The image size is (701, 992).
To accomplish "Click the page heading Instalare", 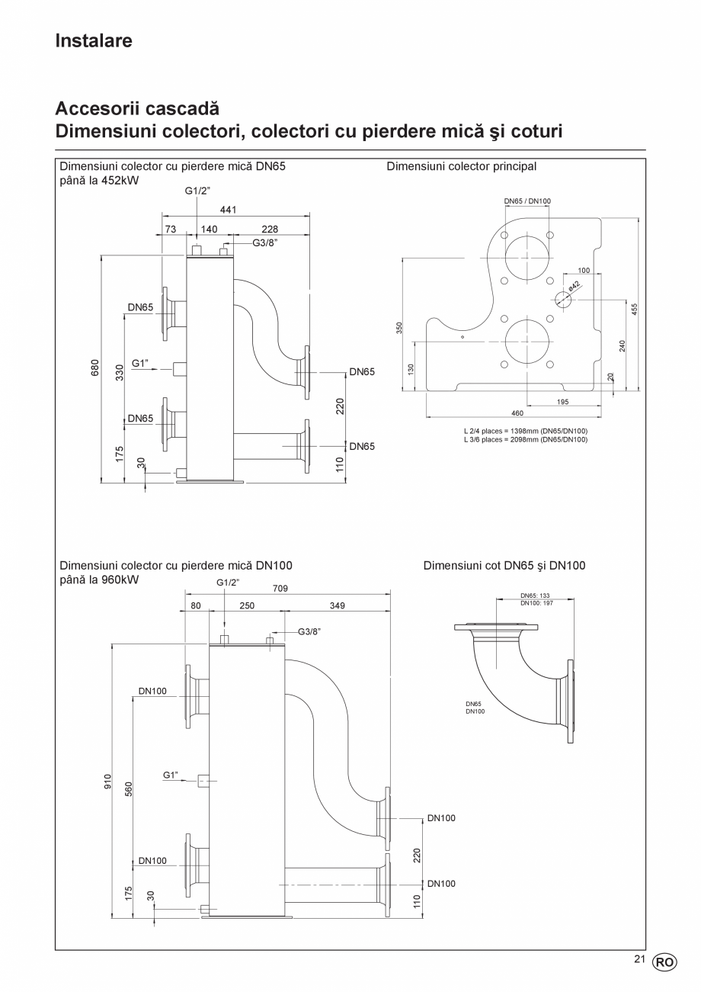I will click(94, 40).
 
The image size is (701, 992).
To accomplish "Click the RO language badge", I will click(664, 962).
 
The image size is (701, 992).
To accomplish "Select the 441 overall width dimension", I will click(228, 210).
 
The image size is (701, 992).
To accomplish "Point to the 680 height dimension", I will click(95, 368).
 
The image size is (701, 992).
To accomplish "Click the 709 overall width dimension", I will click(280, 588).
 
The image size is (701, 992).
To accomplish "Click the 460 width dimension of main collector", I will click(517, 413).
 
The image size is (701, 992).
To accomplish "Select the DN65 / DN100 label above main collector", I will click(527, 201).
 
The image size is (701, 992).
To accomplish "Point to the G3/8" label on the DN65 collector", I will click(265, 242).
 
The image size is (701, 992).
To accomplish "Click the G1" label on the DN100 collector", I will click(171, 775).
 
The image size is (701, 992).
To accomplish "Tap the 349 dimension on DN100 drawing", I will click(337, 606).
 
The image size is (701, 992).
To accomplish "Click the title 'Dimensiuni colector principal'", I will click(462, 166).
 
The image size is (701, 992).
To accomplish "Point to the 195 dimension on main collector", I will click(563, 402).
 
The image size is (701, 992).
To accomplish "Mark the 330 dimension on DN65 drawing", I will click(120, 372).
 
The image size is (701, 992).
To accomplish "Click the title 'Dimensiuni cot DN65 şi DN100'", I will click(504, 566).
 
